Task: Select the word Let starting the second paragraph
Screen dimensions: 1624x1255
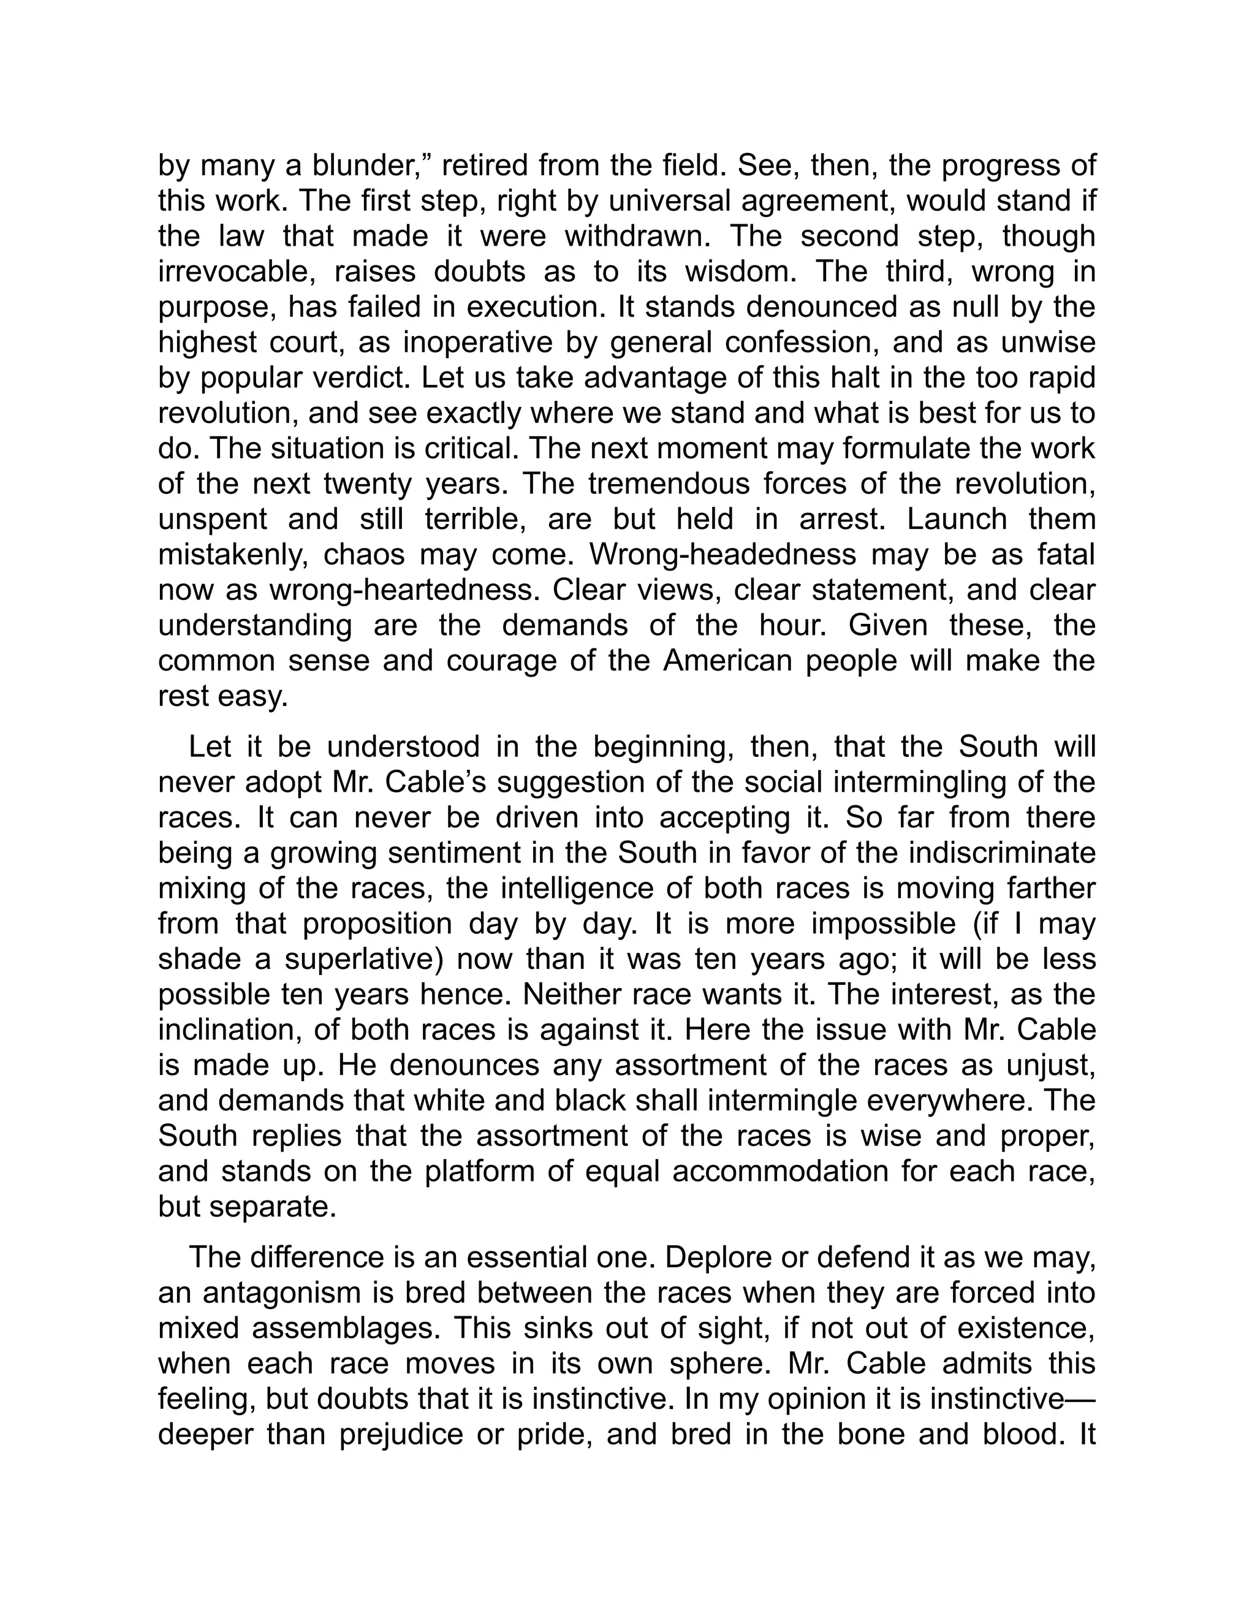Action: click(210, 746)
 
